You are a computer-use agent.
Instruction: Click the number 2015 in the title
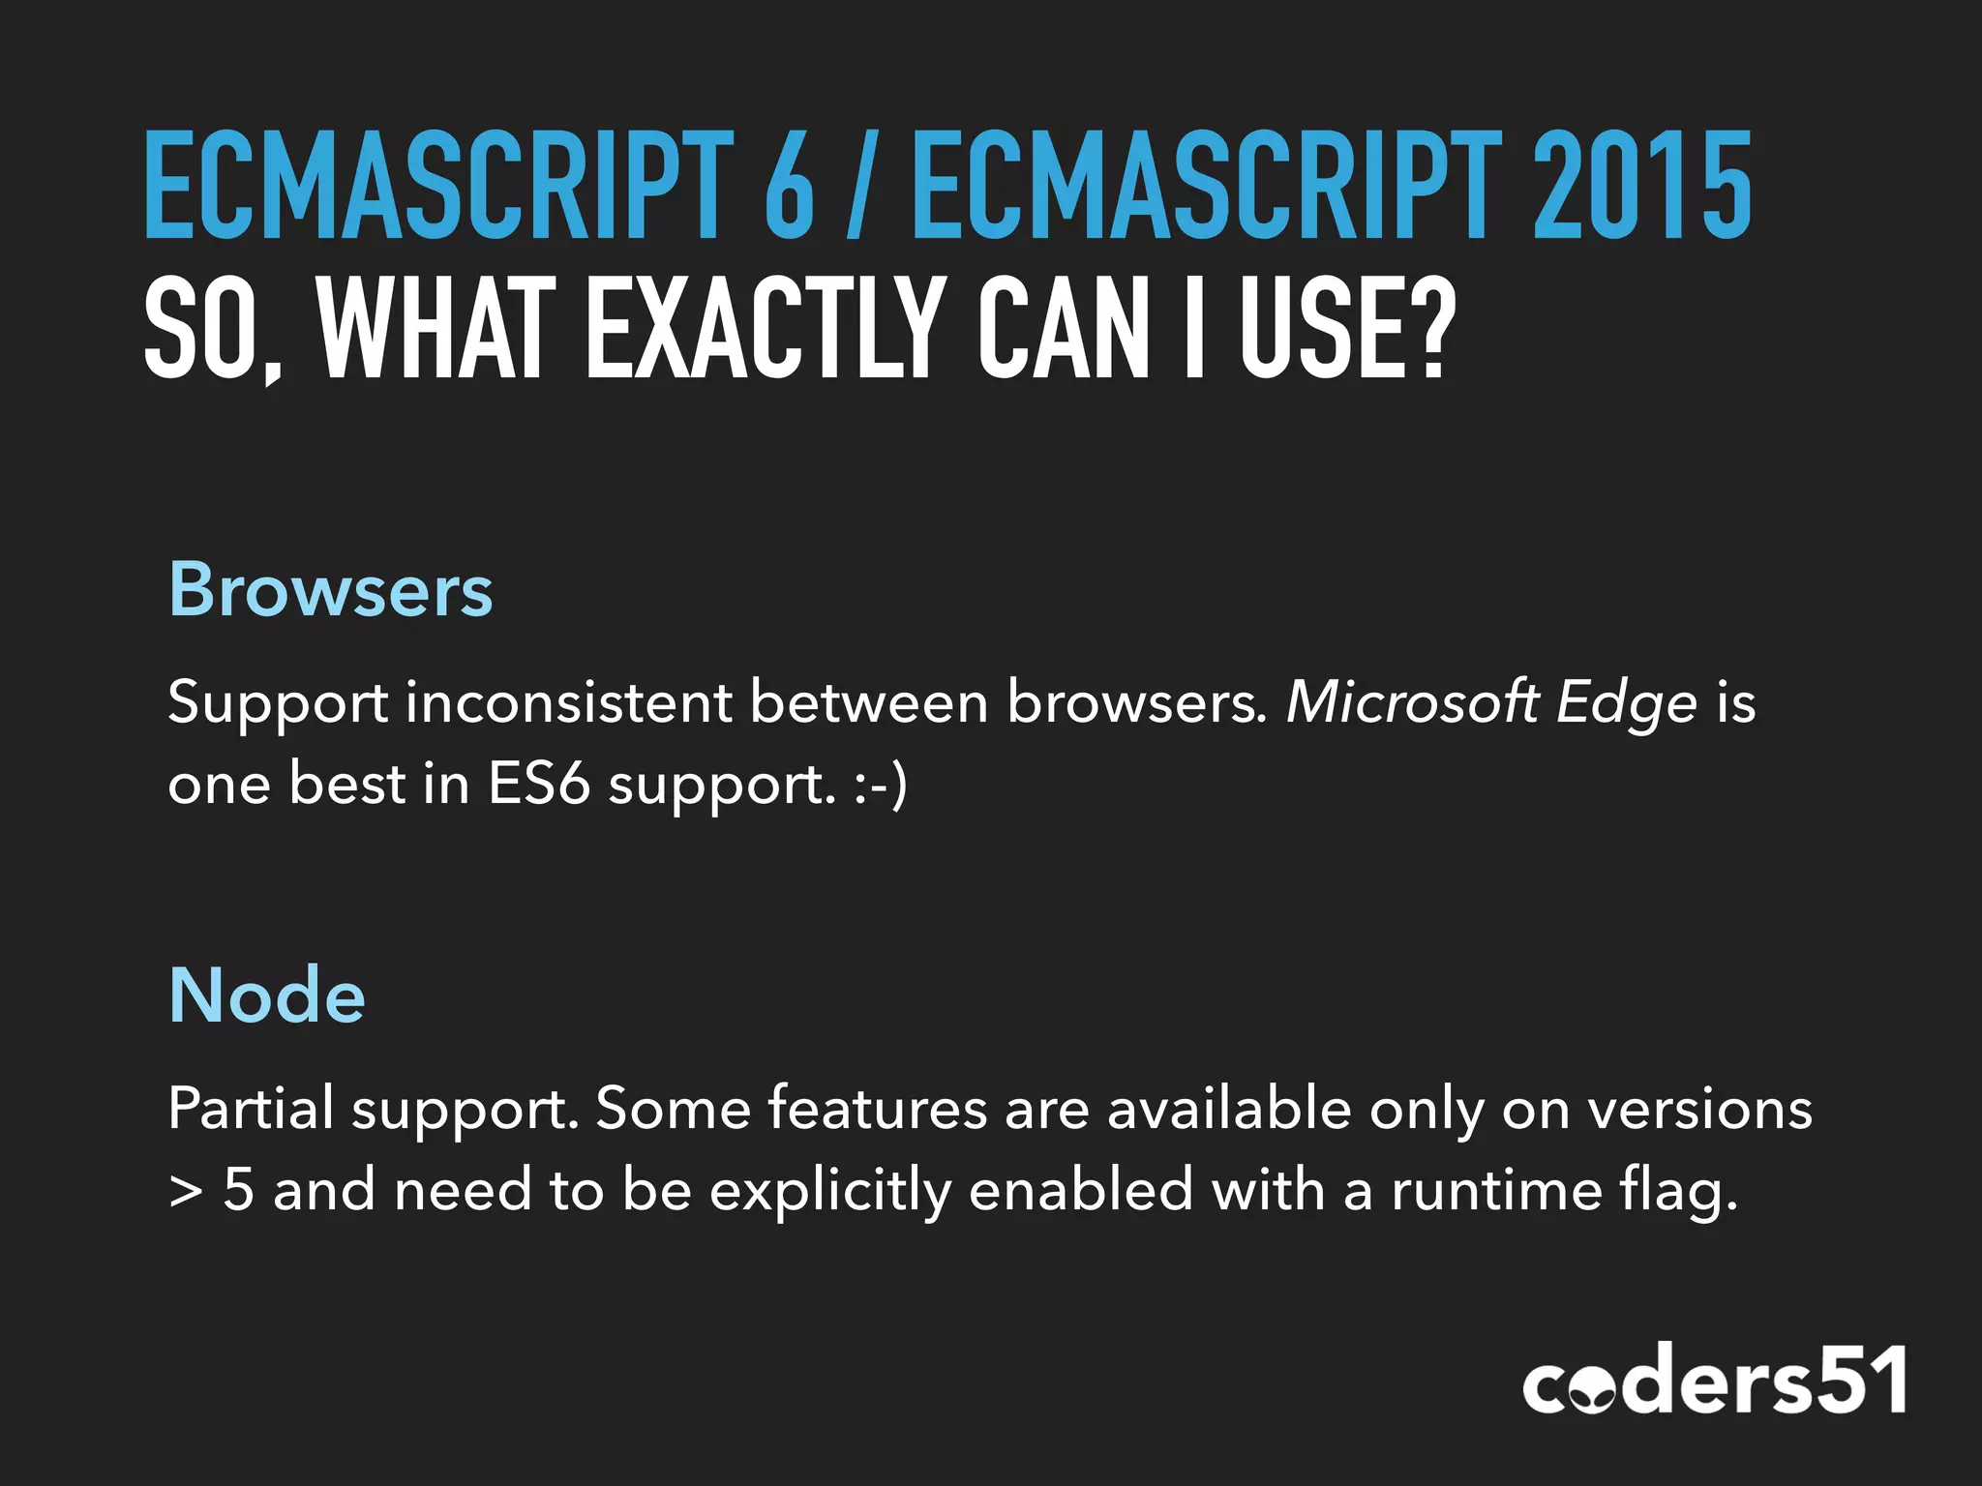[x=1642, y=186]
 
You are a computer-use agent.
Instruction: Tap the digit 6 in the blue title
[x=789, y=186]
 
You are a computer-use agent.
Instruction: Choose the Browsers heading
[x=330, y=589]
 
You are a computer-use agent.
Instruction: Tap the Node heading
[x=267, y=996]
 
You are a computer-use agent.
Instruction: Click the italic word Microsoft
[x=1412, y=701]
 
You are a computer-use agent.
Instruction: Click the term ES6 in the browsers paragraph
[x=538, y=783]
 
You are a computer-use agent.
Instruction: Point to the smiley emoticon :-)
[x=881, y=785]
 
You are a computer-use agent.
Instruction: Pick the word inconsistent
[x=568, y=701]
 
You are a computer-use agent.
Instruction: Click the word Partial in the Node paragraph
[x=251, y=1108]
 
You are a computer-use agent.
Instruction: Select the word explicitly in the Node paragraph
[x=830, y=1191]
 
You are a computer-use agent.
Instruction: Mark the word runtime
[x=1496, y=1190]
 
